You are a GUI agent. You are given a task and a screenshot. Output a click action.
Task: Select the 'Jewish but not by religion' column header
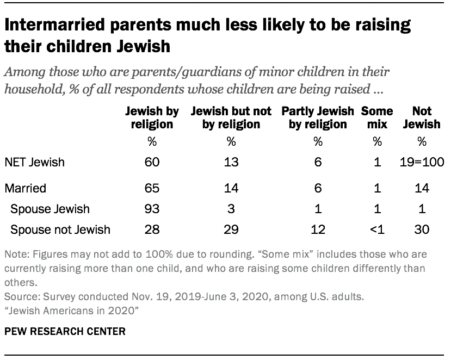[x=231, y=117]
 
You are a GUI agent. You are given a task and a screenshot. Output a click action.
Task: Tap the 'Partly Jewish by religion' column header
[x=318, y=117]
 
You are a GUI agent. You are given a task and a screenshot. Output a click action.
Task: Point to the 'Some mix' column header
[x=376, y=117]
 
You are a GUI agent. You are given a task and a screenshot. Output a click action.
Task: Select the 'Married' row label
[x=25, y=189]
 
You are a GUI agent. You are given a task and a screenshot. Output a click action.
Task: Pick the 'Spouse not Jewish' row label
[x=60, y=229]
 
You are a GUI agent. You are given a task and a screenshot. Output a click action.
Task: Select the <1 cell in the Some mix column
[x=376, y=229]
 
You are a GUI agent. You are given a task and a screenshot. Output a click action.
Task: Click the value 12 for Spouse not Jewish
[x=318, y=229]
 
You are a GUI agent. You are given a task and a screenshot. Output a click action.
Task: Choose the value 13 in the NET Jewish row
[x=231, y=163]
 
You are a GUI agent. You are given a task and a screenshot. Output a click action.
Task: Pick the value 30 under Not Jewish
[x=422, y=229]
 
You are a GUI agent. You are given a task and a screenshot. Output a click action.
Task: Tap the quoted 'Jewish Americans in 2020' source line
[x=63, y=310]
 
